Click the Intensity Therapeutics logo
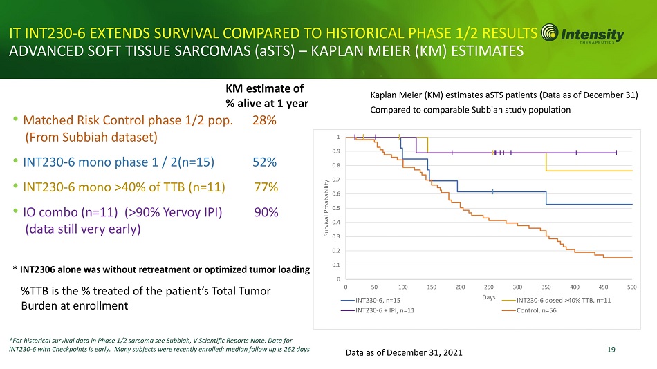(x=583, y=35)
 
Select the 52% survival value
(x=265, y=162)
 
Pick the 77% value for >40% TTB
(x=266, y=187)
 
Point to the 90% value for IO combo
(x=266, y=212)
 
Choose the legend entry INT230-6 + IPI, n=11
(x=385, y=311)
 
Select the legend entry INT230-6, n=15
(x=377, y=300)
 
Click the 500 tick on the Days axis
(x=631, y=286)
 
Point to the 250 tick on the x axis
(x=489, y=286)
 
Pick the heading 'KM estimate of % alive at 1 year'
(x=266, y=95)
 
